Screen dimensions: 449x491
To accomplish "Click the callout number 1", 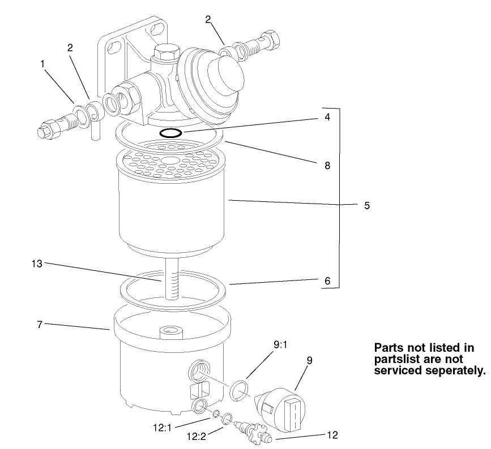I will coord(43,64).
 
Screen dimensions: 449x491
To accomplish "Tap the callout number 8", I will coord(327,167).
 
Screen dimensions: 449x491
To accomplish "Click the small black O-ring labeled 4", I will coord(170,133).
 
